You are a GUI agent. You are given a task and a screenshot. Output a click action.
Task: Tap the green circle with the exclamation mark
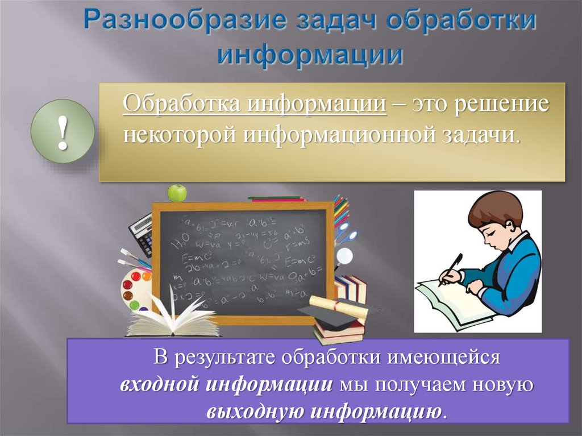point(62,131)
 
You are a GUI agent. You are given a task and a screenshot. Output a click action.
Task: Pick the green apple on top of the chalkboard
point(177,193)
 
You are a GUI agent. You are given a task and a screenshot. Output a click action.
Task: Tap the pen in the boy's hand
point(452,266)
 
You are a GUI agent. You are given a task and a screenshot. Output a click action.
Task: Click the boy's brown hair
point(494,207)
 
